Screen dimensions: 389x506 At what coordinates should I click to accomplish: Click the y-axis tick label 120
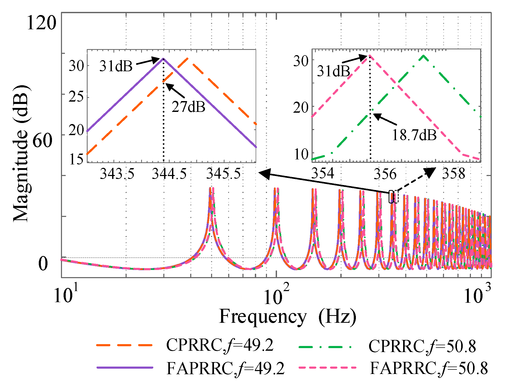pyautogui.click(x=41, y=23)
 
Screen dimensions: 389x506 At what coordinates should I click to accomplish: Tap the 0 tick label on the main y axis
pyautogui.click(x=43, y=264)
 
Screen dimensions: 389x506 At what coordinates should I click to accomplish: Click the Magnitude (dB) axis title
pyautogui.click(x=21, y=154)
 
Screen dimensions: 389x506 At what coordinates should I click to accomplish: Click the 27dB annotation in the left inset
pyautogui.click(x=188, y=107)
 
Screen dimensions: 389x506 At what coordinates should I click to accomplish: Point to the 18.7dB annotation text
pyautogui.click(x=414, y=135)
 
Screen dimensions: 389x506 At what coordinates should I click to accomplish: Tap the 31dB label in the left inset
pyautogui.click(x=116, y=66)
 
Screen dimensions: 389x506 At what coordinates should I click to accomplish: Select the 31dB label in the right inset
pyautogui.click(x=333, y=71)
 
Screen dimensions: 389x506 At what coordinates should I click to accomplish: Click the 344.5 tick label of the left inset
pyautogui.click(x=169, y=174)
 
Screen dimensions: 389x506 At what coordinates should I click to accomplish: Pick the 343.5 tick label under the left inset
pyautogui.click(x=117, y=174)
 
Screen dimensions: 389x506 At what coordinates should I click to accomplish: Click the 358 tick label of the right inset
pyautogui.click(x=454, y=174)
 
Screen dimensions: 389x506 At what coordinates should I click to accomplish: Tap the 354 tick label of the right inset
pyautogui.click(x=322, y=173)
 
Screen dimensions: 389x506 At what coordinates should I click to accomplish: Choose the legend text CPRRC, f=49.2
pyautogui.click(x=220, y=345)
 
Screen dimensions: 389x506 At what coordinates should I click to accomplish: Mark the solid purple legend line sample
pyautogui.click(x=125, y=368)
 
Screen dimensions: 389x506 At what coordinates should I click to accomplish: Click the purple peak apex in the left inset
pyautogui.click(x=163, y=58)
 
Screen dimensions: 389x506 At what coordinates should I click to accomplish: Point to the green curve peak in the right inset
pyautogui.click(x=423, y=55)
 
